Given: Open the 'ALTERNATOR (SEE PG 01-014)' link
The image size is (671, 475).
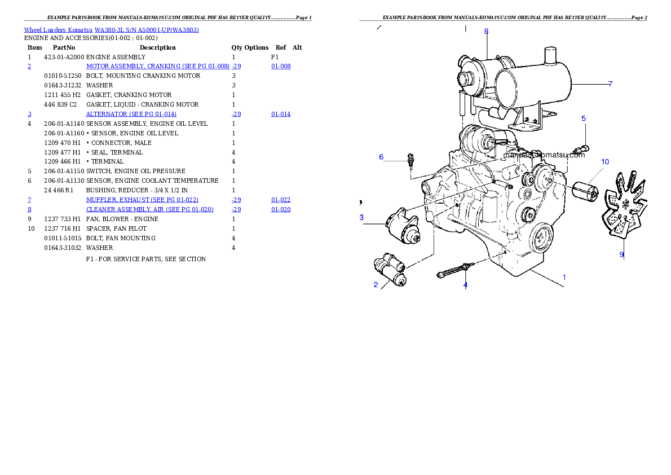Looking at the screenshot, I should [131, 114].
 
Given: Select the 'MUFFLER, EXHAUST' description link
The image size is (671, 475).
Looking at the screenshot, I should [142, 200].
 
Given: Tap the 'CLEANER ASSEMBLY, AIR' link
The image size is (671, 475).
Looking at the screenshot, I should [149, 209].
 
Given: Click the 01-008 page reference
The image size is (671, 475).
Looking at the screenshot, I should [281, 67].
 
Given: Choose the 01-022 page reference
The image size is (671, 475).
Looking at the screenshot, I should [281, 200].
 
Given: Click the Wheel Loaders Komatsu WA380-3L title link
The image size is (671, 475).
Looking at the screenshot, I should [111, 30].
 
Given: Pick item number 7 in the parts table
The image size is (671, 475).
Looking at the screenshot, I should [29, 200].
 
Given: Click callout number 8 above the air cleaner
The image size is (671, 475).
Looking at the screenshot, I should [486, 32].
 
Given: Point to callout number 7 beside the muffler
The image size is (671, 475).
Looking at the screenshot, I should [610, 84].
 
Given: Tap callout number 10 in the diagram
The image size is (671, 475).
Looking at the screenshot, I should [604, 162].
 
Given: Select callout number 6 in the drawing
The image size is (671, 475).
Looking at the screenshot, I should [381, 157].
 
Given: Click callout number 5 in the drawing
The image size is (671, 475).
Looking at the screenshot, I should [584, 118].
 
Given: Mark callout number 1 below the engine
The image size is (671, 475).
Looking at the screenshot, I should [564, 277].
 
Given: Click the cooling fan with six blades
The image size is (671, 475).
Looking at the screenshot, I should [624, 209].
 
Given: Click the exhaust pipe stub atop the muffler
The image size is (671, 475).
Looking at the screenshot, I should [550, 56].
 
